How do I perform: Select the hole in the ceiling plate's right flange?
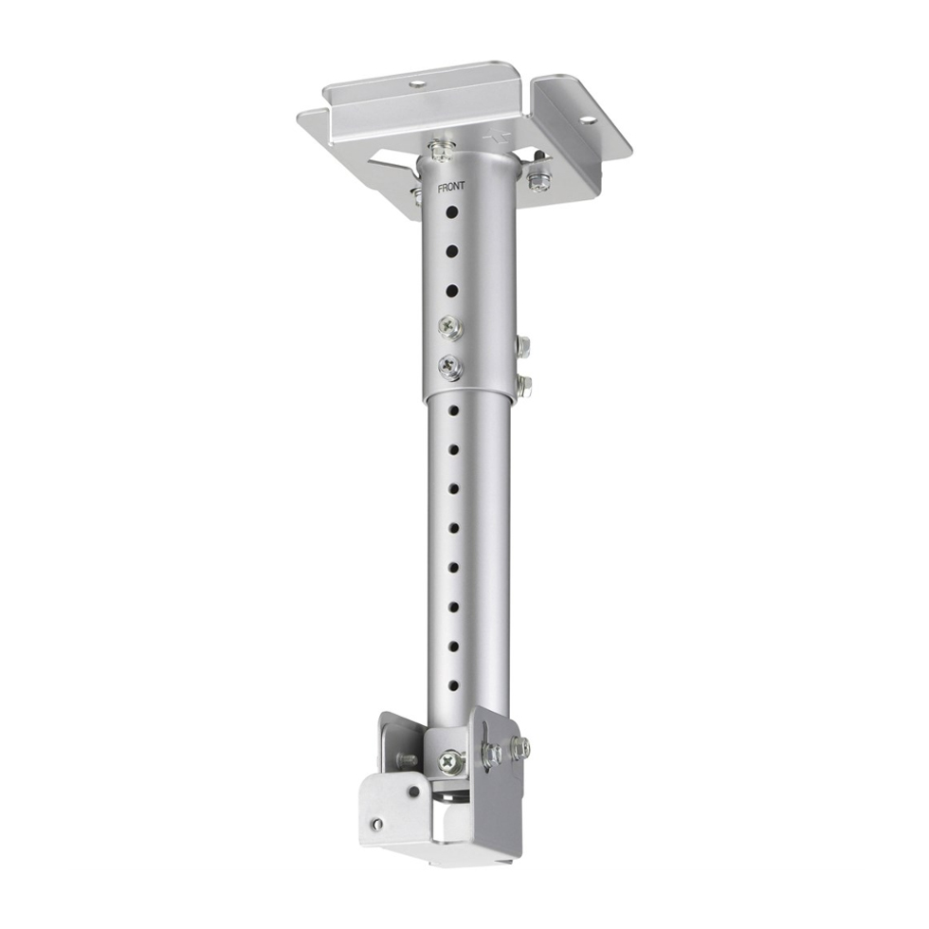587,120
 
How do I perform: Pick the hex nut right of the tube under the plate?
539,176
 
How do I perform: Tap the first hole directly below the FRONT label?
452,209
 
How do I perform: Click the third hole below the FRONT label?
451,288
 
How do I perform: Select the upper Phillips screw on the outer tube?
448,325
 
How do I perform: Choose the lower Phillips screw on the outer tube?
448,366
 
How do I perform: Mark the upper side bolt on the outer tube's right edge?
522,345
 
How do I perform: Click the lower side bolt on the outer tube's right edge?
524,385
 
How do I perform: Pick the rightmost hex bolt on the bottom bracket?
520,748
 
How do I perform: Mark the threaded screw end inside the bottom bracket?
407,759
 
